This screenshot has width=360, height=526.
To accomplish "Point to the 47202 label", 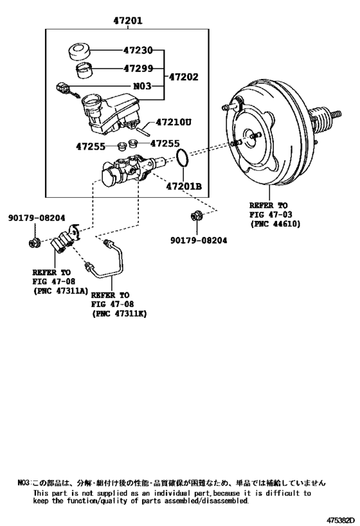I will click(183, 77).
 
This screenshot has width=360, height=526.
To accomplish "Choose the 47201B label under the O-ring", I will click(184, 186).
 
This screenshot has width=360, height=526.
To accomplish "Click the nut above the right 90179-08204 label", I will click(197, 216).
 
